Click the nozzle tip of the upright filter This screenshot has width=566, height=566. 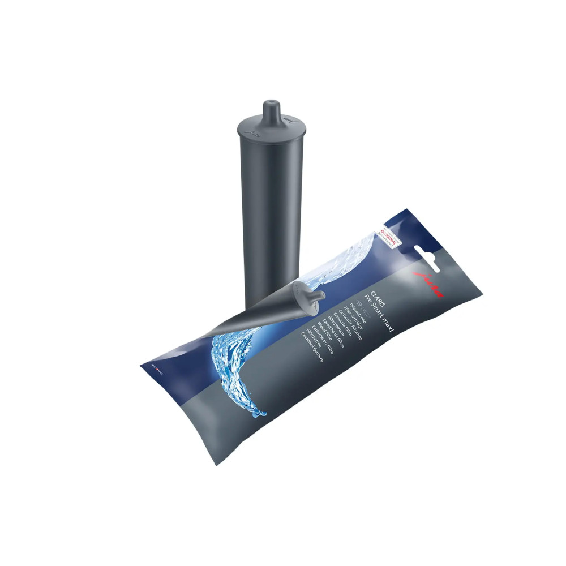click(x=270, y=104)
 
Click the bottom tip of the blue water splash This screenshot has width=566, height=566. click(x=261, y=416)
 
